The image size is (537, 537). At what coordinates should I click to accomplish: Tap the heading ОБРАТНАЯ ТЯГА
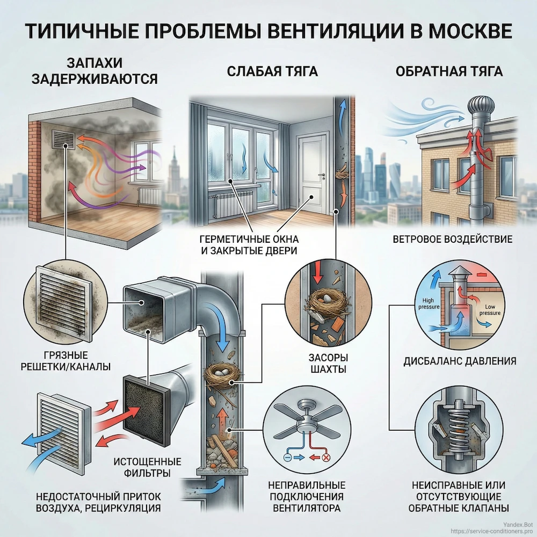[448, 71]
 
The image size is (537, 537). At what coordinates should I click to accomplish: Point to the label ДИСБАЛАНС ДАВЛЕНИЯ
[460, 361]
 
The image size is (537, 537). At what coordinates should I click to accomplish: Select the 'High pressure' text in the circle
[428, 303]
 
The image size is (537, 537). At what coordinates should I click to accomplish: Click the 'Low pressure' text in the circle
[489, 309]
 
